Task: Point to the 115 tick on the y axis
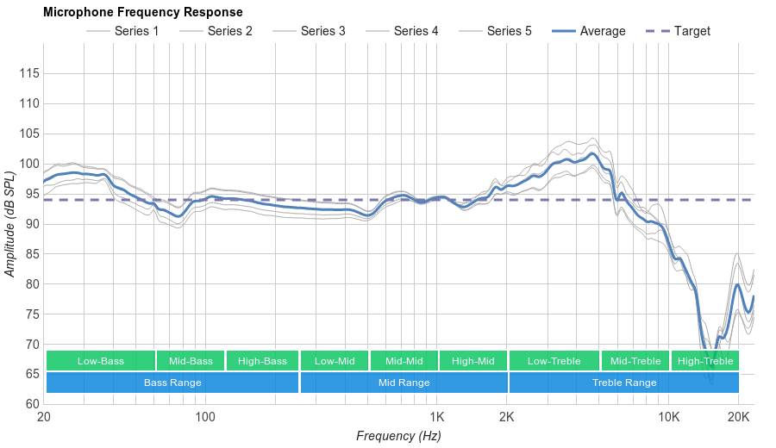click(x=28, y=73)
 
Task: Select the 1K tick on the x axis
click(x=436, y=417)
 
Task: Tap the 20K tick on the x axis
click(x=738, y=417)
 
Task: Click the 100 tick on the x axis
click(x=204, y=417)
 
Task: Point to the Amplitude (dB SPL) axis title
click(x=10, y=224)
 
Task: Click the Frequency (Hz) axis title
click(x=398, y=436)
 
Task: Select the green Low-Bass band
click(x=101, y=361)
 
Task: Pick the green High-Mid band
click(x=472, y=361)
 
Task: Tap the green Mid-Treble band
click(x=635, y=361)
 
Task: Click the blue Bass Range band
click(x=172, y=383)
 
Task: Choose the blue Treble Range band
click(x=624, y=383)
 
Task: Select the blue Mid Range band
click(x=404, y=383)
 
